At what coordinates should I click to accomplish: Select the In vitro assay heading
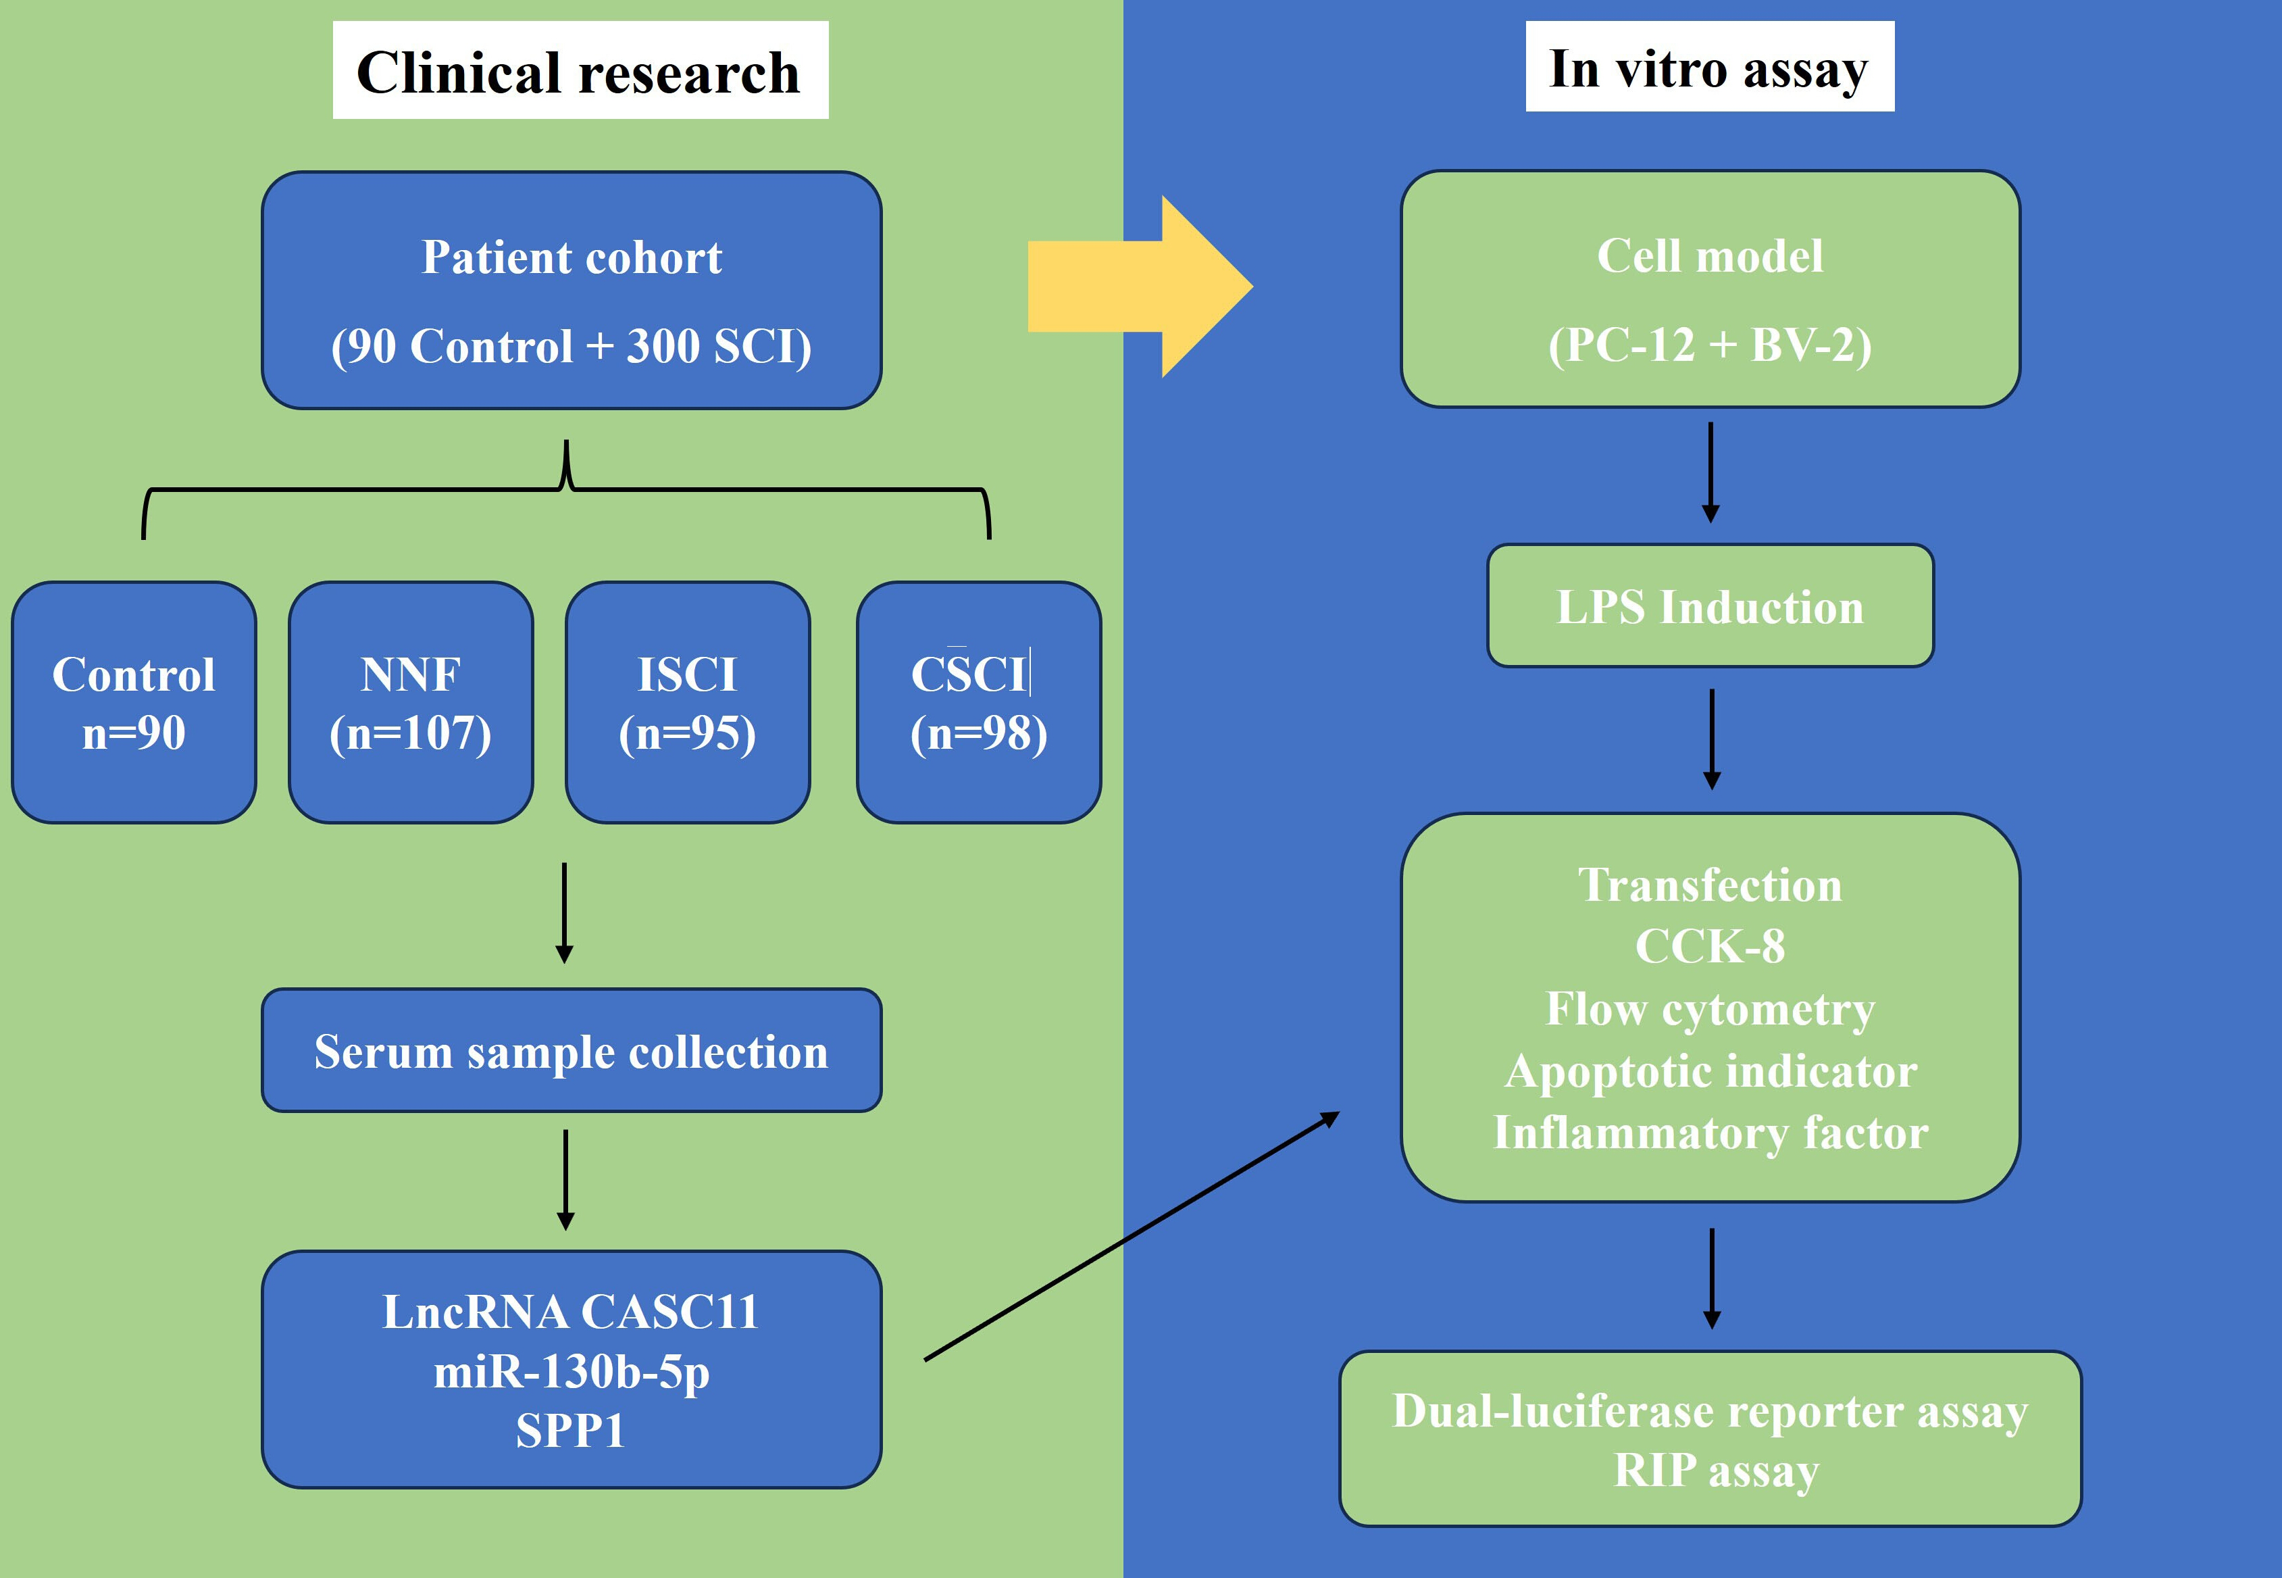click(1710, 66)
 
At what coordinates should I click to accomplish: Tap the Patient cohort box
click(572, 291)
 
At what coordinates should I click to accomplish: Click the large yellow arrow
click(1140, 287)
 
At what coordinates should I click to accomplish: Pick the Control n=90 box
click(134, 702)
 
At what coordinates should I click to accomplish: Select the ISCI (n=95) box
click(688, 702)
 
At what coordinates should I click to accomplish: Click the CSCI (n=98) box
click(978, 702)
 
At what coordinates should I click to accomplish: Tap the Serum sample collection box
click(572, 1050)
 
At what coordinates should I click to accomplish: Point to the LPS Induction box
click(1710, 605)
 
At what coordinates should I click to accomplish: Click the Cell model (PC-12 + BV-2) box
click(1710, 289)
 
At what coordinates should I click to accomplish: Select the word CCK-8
click(1710, 946)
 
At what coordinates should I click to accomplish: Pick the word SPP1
click(572, 1430)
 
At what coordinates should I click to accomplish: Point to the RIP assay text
click(1716, 1471)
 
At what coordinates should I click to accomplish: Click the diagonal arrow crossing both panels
click(1132, 1236)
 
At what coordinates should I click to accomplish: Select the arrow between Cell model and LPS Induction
click(1710, 472)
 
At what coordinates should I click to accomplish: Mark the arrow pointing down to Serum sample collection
click(564, 912)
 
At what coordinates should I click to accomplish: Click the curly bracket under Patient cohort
click(566, 489)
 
